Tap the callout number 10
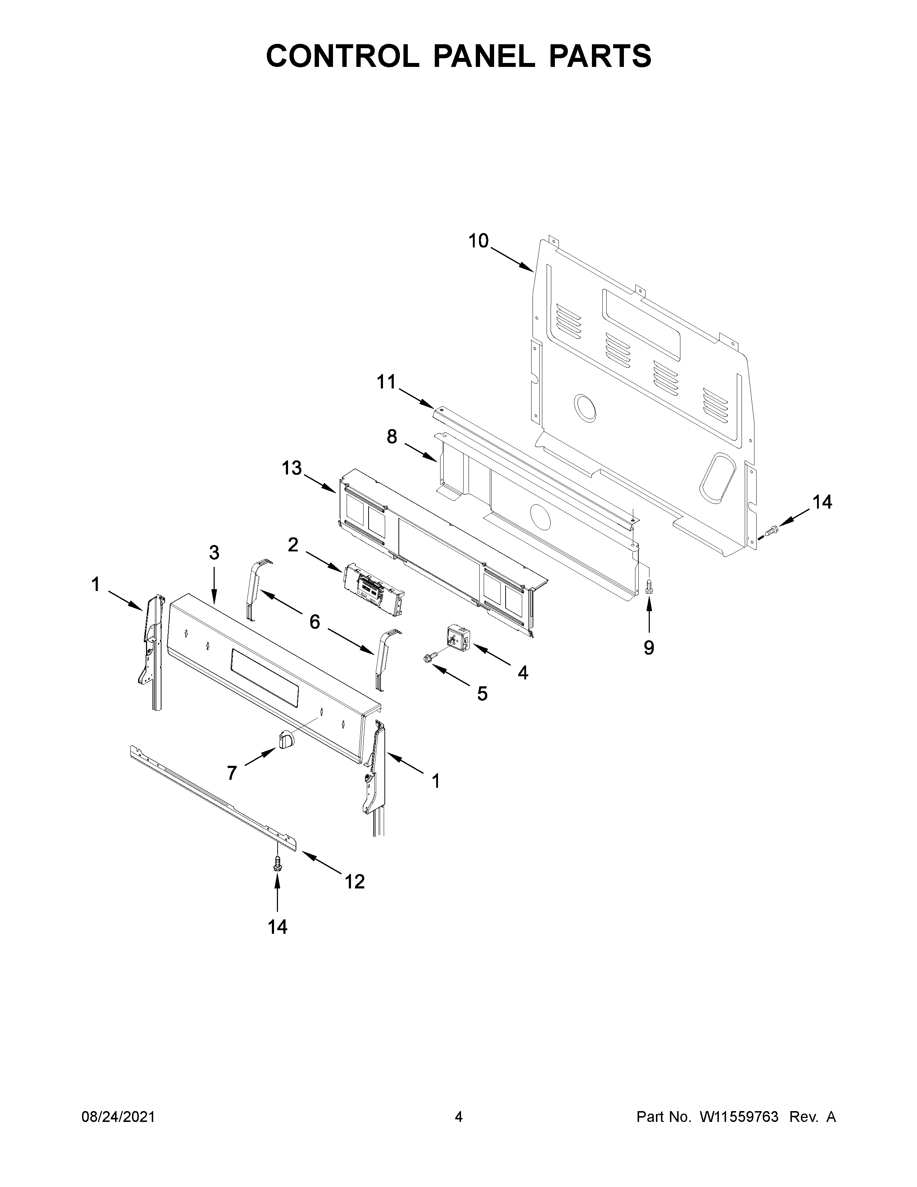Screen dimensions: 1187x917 tap(479, 241)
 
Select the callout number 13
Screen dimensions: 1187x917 tap(292, 468)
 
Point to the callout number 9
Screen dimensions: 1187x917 tap(649, 647)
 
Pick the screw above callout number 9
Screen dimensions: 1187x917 tap(648, 587)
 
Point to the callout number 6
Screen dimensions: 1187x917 tap(315, 622)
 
